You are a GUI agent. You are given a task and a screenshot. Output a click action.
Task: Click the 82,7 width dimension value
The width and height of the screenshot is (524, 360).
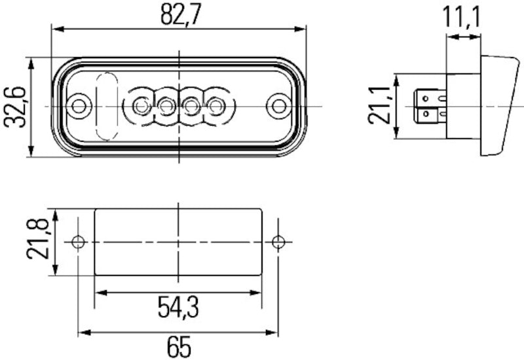click(179, 14)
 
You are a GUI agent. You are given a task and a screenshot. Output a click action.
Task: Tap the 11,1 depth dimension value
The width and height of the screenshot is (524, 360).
click(462, 16)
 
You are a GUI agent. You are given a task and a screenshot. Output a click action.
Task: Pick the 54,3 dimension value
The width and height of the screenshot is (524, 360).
click(178, 306)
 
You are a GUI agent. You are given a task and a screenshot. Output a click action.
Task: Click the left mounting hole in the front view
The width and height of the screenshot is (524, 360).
click(79, 105)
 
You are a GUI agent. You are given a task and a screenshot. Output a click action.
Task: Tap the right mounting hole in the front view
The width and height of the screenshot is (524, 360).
click(279, 105)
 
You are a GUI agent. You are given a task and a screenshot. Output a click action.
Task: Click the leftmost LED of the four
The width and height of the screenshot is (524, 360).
click(140, 105)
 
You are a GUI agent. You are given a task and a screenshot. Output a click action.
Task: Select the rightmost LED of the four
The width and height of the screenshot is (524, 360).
click(215, 105)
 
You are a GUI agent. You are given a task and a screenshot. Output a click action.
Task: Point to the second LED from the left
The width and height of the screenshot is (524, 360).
click(166, 105)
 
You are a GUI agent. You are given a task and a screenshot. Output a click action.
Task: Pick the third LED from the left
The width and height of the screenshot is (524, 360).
click(191, 105)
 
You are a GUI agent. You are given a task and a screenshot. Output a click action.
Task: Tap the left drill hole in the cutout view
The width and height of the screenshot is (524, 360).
click(79, 242)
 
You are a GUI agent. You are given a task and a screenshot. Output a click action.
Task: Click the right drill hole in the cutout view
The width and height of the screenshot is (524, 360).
click(278, 242)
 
